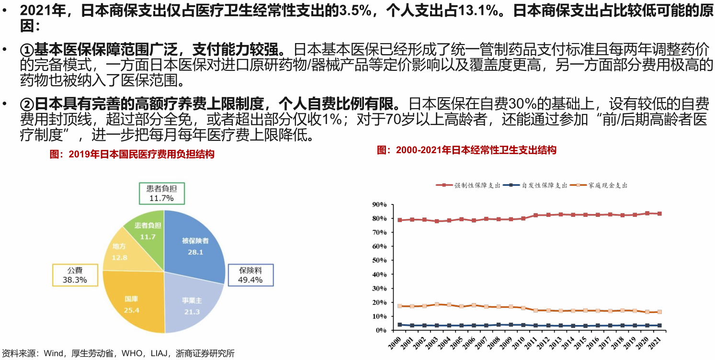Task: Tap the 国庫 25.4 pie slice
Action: (x=131, y=304)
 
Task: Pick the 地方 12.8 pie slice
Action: (x=119, y=251)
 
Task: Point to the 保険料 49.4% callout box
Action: (x=250, y=275)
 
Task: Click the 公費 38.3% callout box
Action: (x=75, y=275)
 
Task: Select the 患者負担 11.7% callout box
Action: (x=161, y=193)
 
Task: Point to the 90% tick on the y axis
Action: (x=379, y=205)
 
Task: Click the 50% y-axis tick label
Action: (x=379, y=260)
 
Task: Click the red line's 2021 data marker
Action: (x=659, y=214)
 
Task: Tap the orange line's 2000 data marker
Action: (x=400, y=306)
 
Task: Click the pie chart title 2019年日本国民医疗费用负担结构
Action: (x=132, y=154)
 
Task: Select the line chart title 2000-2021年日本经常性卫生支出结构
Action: (x=467, y=150)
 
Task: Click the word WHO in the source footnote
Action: (x=132, y=354)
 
